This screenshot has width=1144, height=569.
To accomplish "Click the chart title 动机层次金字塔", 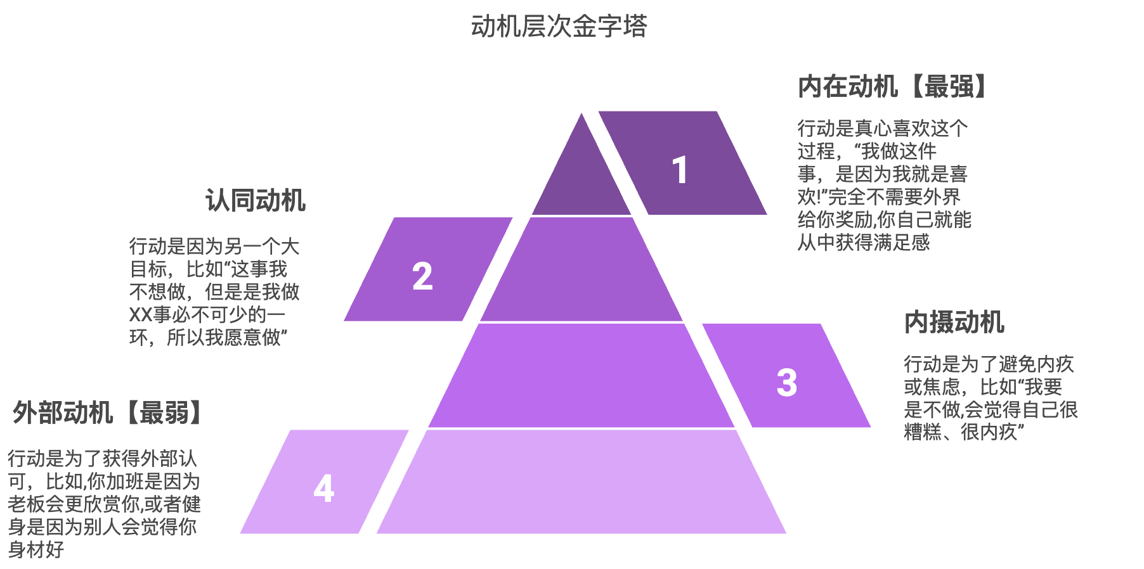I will coord(559,27).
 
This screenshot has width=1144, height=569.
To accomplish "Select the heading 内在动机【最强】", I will coord(892,87).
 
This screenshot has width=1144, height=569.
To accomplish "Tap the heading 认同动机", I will coord(255,200).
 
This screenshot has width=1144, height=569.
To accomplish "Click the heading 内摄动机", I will coord(954,322).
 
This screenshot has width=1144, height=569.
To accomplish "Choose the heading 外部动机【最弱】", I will coord(107,412).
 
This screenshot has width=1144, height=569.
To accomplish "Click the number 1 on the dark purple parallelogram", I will coord(680,170).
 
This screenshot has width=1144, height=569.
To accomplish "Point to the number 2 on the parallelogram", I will coord(422,276).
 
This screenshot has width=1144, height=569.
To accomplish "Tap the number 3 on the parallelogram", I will coord(786,383).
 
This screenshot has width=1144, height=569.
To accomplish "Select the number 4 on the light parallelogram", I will coord(323,489).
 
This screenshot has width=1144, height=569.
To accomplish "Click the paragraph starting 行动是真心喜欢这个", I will coord(883,185).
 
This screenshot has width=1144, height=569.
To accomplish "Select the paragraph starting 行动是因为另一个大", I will coord(214,291).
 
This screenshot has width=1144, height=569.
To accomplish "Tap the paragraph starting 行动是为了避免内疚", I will coord(990,398).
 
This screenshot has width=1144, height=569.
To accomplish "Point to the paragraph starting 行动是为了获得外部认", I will coord(103,504).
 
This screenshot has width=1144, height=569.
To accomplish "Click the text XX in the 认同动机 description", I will coord(140,315).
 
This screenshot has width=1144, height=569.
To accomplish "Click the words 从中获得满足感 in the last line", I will coord(863,243).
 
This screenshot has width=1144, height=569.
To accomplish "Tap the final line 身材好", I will coord(36,549).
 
